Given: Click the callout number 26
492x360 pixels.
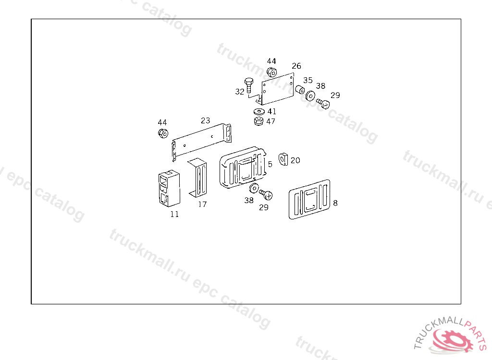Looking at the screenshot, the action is click(296, 66).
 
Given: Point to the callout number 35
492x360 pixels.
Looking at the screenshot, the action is click(307, 80).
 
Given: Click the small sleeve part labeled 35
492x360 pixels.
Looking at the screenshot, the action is click(300, 89).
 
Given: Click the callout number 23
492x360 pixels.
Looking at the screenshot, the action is click(206, 120).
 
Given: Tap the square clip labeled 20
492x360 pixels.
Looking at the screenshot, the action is click(283, 159).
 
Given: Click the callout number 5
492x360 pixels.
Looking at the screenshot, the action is click(270, 164).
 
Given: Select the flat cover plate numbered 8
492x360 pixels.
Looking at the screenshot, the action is click(310, 199).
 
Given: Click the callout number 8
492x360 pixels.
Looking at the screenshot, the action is click(335, 203).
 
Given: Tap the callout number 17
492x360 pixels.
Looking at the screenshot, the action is click(202, 204).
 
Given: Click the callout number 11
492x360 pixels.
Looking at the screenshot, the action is click(174, 214).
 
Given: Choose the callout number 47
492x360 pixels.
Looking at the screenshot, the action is click(271, 121).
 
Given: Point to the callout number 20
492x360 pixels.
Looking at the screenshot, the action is click(295, 160).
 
